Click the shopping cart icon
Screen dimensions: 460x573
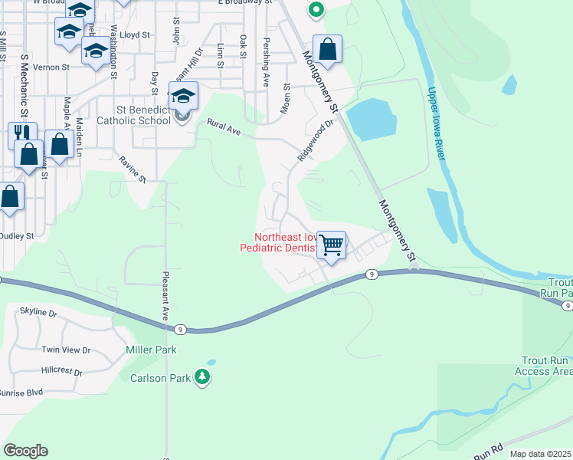click(331, 245)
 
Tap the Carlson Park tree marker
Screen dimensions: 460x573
click(202, 376)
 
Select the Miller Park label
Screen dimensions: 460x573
click(151, 350)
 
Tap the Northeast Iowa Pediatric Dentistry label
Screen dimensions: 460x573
click(277, 242)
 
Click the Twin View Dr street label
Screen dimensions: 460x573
click(66, 350)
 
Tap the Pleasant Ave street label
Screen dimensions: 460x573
click(165, 297)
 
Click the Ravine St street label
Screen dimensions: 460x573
click(133, 169)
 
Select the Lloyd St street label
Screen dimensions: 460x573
click(136, 35)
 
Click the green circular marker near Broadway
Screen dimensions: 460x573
click(316, 10)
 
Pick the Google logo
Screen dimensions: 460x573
click(25, 451)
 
